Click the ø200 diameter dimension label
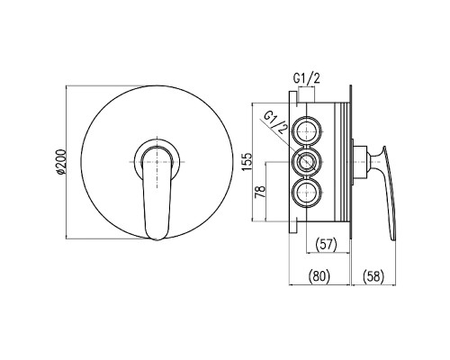click(60, 161)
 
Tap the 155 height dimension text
click(247, 162)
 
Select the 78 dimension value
click(260, 192)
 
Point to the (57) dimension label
click(327, 244)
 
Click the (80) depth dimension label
click(319, 275)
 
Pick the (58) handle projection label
click(373, 275)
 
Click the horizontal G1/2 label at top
click(306, 78)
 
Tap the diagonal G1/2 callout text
click(276, 122)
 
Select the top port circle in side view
click(307, 131)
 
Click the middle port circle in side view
click(307, 162)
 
